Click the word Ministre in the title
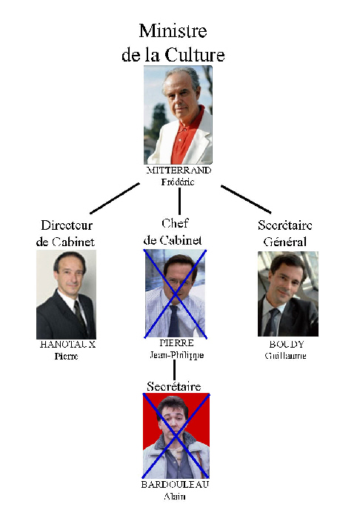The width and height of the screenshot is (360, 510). coord(173,31)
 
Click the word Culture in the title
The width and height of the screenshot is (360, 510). coord(195,55)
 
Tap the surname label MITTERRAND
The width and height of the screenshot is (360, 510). coord(179,170)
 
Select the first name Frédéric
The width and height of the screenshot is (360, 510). coord(178,182)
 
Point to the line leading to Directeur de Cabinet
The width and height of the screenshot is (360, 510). coord(115,199)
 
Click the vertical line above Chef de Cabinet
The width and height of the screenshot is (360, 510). coord(179,202)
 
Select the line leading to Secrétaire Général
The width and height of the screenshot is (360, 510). coord(246,199)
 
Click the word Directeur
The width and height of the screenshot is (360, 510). coord(67,225)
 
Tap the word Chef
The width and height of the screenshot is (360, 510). coord(175,223)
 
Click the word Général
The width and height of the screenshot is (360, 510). coord(285,242)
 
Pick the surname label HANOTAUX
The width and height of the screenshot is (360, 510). coord(67,344)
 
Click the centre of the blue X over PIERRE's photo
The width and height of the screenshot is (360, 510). coord(175,294)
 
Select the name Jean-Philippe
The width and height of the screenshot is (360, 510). coord(177,355)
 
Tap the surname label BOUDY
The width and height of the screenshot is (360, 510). coord(287,344)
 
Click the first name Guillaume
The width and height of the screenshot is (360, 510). coord(285,356)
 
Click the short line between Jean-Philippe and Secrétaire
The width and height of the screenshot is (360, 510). coord(175,370)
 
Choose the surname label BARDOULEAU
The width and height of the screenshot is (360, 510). coord(175,484)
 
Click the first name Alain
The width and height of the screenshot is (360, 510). coord(175,497)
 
